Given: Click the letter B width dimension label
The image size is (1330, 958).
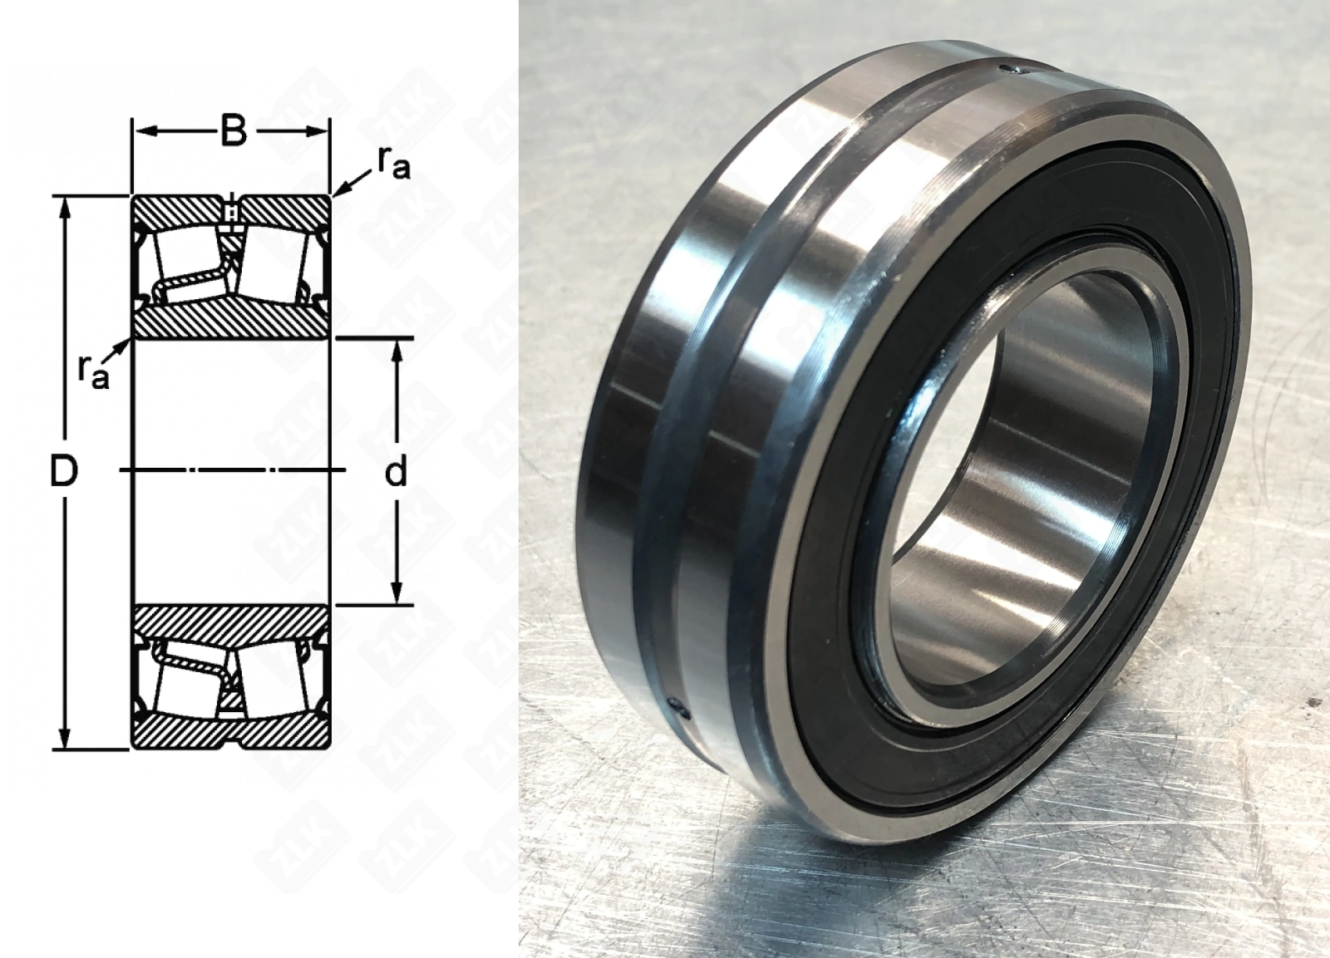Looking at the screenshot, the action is click(x=234, y=132).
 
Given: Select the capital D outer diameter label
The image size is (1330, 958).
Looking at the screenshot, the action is click(x=64, y=472).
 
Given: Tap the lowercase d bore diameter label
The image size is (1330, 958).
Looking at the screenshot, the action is click(x=396, y=473).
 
